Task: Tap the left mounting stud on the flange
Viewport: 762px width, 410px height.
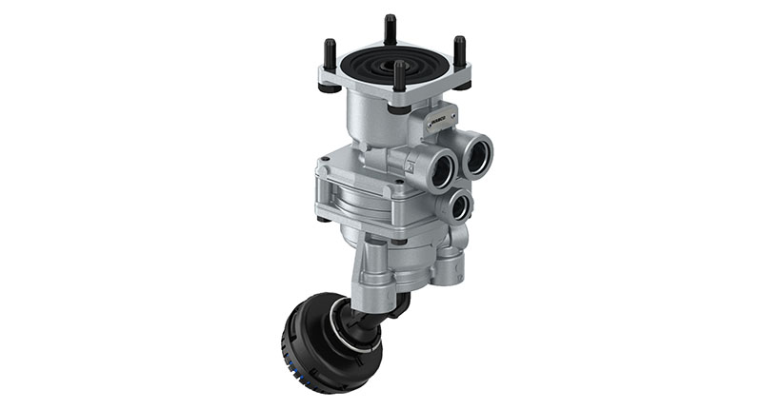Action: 330,55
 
